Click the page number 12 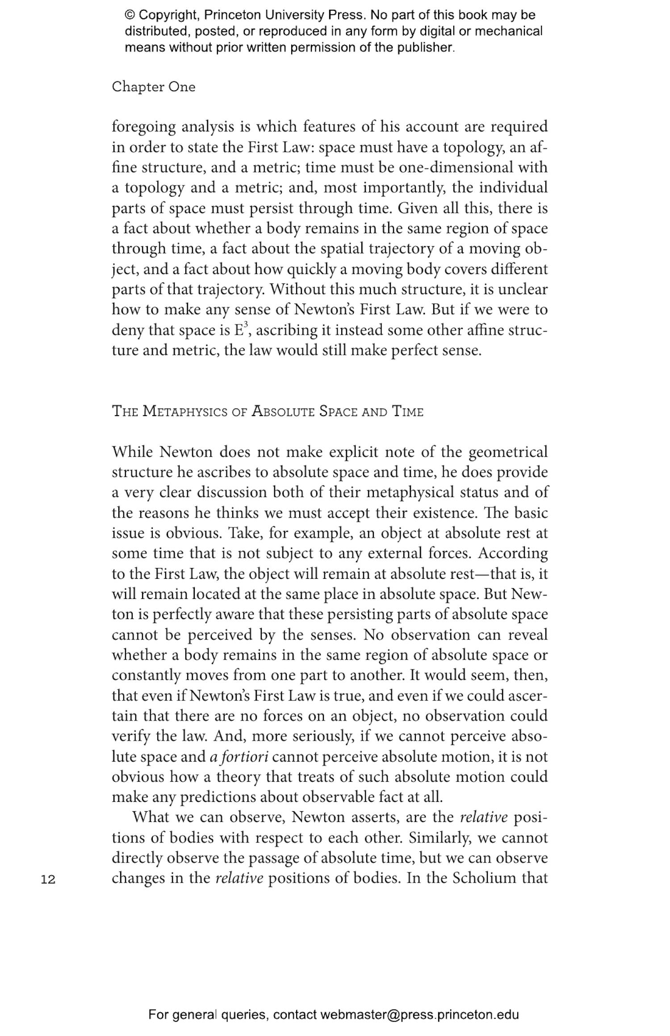click(48, 880)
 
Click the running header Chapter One click(153, 87)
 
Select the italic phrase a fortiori click(239, 757)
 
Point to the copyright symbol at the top click(130, 15)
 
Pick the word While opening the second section click(132, 452)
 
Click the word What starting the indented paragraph click(151, 817)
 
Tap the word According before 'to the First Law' click(513, 553)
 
